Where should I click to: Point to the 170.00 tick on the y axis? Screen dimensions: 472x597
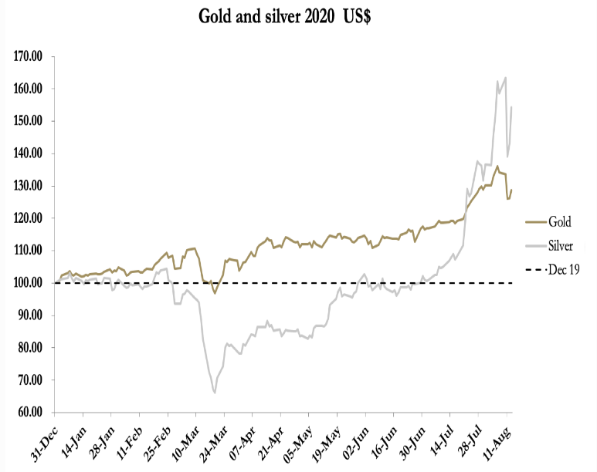tap(29, 56)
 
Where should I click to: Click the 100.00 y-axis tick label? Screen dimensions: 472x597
tap(29, 283)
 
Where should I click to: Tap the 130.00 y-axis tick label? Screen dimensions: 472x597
tap(29, 186)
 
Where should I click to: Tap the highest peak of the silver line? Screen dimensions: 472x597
tap(505, 77)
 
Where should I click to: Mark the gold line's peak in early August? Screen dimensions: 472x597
tap(497, 166)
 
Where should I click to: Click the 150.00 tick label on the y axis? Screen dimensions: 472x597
tap(29, 121)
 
